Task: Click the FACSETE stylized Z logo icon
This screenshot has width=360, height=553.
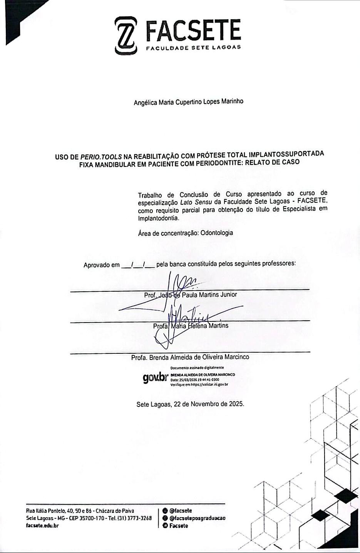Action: pyautogui.click(x=126, y=36)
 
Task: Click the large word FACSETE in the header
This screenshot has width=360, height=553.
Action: pyautogui.click(x=193, y=31)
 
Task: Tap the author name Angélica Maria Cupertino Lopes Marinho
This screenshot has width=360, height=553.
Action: pyautogui.click(x=188, y=102)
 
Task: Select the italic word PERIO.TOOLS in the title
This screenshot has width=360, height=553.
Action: pyautogui.click(x=101, y=157)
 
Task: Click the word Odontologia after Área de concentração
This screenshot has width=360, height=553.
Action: pyautogui.click(x=217, y=233)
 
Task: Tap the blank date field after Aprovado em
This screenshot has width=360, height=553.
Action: pyautogui.click(x=138, y=264)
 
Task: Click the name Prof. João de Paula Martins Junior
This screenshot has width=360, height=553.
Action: pyautogui.click(x=191, y=295)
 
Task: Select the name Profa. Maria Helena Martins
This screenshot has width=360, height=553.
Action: pyautogui.click(x=191, y=326)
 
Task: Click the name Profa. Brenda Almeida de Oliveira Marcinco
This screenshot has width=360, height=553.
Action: pyautogui.click(x=190, y=357)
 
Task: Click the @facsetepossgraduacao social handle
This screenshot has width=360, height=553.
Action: pyautogui.click(x=197, y=518)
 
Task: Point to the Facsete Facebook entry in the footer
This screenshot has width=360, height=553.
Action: pyautogui.click(x=178, y=526)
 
